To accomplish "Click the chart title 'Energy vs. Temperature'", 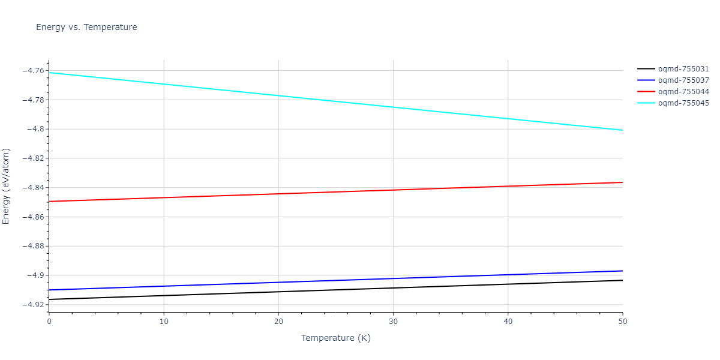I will [86, 27].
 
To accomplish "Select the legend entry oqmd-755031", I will [683, 69].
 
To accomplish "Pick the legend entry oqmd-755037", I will [683, 80].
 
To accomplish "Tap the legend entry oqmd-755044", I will [683, 92].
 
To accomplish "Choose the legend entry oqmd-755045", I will [683, 103].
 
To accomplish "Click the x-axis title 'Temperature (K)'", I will [335, 338].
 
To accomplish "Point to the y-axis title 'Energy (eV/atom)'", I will [7, 186].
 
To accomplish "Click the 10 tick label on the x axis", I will [164, 322].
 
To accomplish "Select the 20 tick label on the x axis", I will [278, 322].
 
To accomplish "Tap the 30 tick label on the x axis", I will [393, 322].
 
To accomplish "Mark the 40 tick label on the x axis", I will [508, 322].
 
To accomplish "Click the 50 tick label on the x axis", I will [622, 322].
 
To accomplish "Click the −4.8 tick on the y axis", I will [37, 129].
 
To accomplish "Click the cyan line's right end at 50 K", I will [622, 130].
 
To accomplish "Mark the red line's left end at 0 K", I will [49, 201].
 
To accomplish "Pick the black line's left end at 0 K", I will [49, 299].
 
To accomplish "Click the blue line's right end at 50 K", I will [622, 271].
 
